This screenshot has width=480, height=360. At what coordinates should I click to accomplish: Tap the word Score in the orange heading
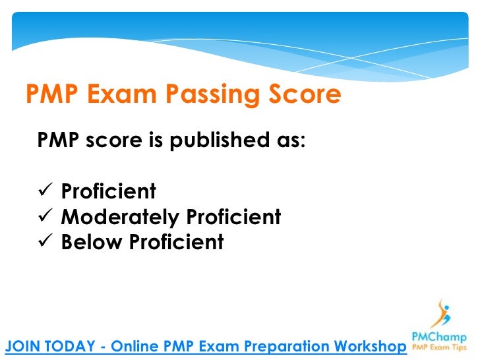click(304, 96)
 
